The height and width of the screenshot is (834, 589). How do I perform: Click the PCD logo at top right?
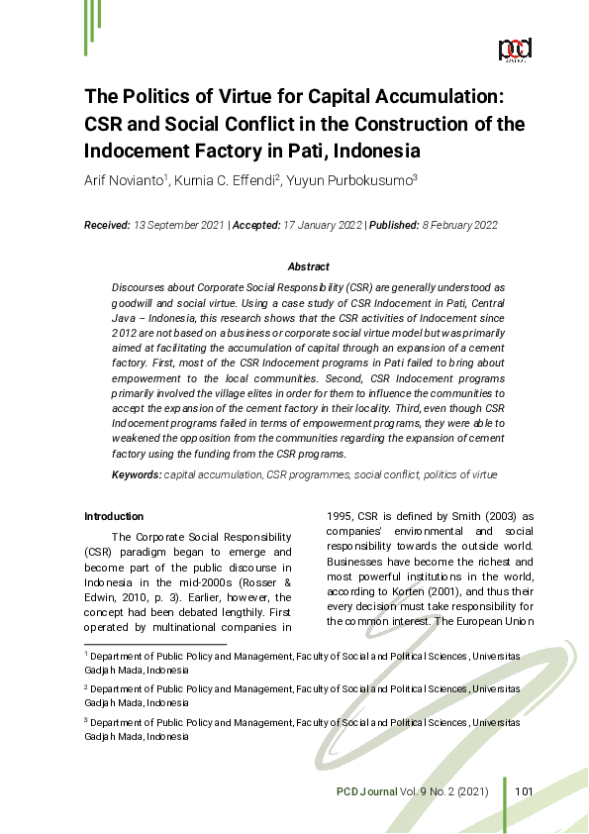coord(515,50)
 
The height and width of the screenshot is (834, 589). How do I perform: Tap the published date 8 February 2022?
coord(451,225)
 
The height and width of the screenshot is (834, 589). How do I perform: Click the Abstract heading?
coord(308,266)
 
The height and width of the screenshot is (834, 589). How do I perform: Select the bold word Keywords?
coord(136,475)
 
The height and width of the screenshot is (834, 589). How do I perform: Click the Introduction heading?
coord(114,516)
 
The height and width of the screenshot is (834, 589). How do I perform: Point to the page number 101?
coord(525,790)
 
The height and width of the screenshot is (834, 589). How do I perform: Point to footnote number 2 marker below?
coord(86,686)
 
